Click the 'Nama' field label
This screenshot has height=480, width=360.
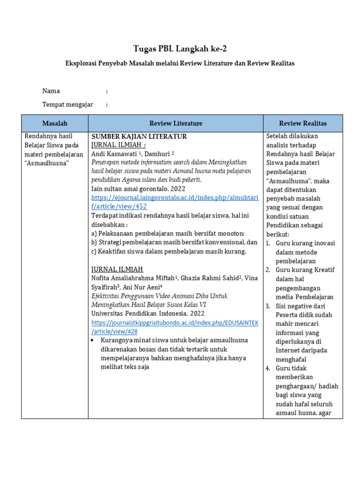coord(51,91)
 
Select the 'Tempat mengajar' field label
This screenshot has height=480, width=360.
coord(67,105)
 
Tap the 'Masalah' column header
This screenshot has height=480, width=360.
coord(55,123)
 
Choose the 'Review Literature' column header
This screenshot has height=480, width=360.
coord(176,123)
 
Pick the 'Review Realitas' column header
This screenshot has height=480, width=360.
coord(303,123)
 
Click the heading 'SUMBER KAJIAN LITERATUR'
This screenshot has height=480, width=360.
coord(139,136)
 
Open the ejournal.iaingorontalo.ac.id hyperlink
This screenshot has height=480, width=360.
coord(174,202)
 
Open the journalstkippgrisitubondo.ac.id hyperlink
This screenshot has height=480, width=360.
coord(174,327)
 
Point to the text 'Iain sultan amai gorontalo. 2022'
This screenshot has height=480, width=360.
coord(138,189)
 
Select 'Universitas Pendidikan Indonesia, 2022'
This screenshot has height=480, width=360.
coord(148,313)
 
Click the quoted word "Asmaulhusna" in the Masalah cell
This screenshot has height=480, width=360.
coord(46,163)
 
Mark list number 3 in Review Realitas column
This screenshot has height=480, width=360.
coord(268,306)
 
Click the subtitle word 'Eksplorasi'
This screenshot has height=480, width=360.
coord(86,63)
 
